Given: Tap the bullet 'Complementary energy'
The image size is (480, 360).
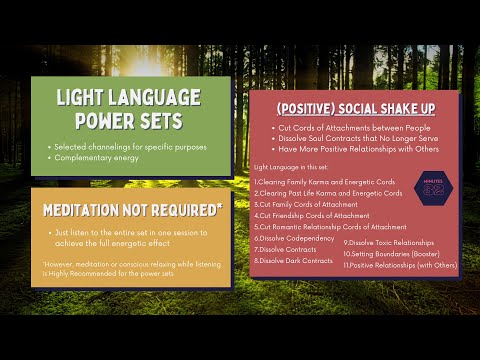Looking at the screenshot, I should point(94,157).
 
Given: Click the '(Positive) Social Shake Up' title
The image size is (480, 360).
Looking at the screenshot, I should point(354,107).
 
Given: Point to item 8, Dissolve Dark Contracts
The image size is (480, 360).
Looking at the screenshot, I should point(295,260).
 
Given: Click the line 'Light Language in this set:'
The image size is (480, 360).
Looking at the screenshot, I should point(289,166).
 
